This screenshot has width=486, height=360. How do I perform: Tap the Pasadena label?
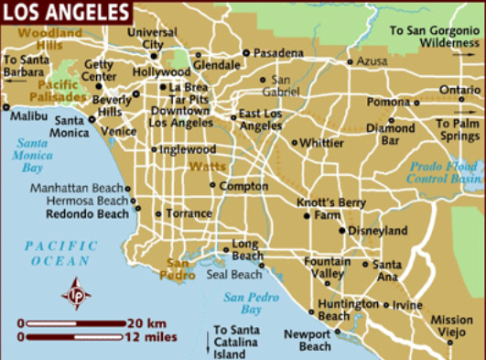(278, 52)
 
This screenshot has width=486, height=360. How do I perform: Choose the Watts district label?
(207, 167)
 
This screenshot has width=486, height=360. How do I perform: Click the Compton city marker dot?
(213, 186)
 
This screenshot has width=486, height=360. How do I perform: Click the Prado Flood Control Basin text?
(443, 172)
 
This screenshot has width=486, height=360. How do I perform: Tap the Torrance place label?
(189, 213)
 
